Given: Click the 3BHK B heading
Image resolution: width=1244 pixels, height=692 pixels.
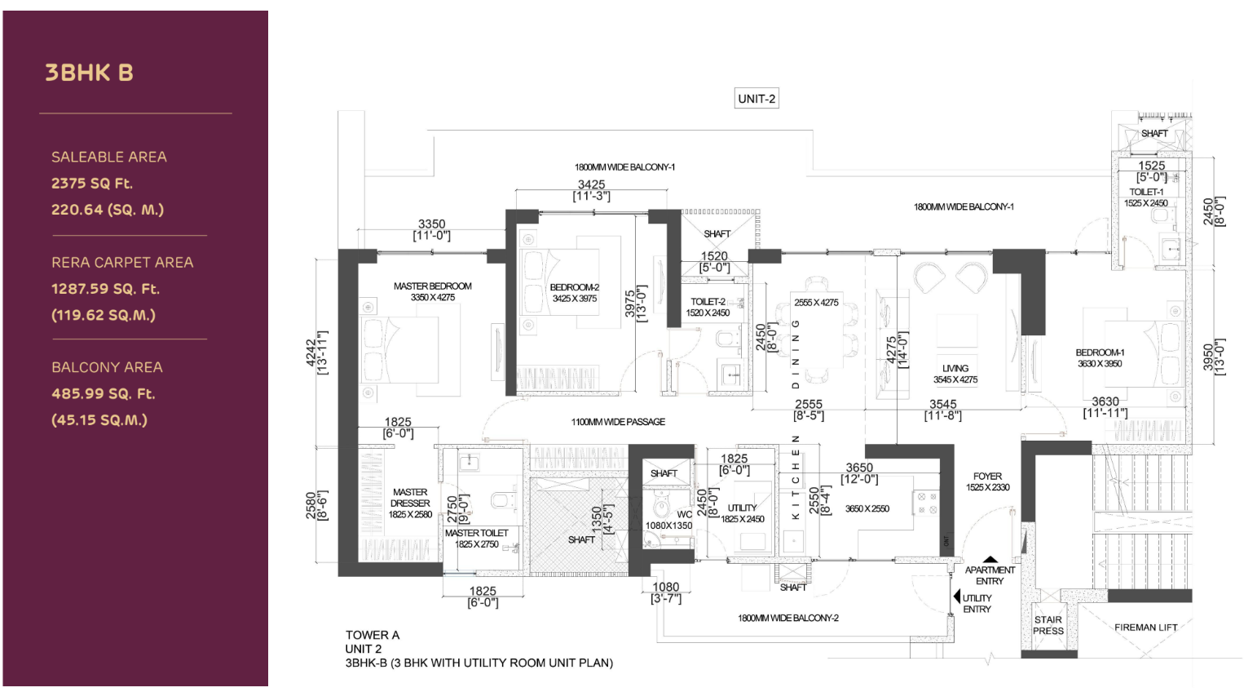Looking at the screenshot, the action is pyautogui.click(x=89, y=73).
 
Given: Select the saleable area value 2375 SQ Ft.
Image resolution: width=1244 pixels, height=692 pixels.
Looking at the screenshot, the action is pyautogui.click(x=92, y=184).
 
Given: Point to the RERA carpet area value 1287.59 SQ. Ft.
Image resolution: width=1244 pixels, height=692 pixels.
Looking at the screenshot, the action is pyautogui.click(x=105, y=289).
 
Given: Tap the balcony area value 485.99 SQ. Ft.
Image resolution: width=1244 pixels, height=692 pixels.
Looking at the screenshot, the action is pyautogui.click(x=104, y=394).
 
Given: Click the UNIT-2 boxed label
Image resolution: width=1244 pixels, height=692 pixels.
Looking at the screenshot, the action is pyautogui.click(x=757, y=99).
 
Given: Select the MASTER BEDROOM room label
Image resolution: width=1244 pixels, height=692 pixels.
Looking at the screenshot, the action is pyautogui.click(x=433, y=286).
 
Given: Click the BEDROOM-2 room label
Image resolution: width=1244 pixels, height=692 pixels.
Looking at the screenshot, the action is pyautogui.click(x=574, y=287).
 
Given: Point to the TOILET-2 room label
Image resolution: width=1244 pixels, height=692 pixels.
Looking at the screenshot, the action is pyautogui.click(x=708, y=302).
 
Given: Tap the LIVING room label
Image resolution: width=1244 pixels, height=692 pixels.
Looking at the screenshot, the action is pyautogui.click(x=955, y=369).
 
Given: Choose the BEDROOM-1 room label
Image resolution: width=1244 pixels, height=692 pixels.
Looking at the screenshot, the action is pyautogui.click(x=1100, y=353).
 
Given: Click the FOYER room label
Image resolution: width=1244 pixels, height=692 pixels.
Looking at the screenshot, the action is pyautogui.click(x=987, y=477).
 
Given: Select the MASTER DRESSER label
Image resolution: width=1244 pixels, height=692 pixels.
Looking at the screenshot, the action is pyautogui.click(x=410, y=498).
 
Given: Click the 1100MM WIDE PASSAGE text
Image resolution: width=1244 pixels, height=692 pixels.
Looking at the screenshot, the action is pyautogui.click(x=618, y=422).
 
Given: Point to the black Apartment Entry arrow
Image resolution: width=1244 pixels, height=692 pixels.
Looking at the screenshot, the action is pyautogui.click(x=990, y=560).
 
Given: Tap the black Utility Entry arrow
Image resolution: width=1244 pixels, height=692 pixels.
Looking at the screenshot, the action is pyautogui.click(x=957, y=597).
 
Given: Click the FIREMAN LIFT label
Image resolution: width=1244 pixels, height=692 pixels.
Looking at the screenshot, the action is pyautogui.click(x=1145, y=628).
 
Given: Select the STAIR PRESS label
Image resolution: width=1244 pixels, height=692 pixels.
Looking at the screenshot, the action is pyautogui.click(x=1048, y=625).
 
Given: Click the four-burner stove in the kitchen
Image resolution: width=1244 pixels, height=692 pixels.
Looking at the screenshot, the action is pyautogui.click(x=927, y=503).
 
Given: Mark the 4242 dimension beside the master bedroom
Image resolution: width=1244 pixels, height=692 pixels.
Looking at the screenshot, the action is pyautogui.click(x=312, y=353).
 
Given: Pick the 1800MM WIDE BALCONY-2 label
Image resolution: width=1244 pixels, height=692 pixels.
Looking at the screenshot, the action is pyautogui.click(x=788, y=618).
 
